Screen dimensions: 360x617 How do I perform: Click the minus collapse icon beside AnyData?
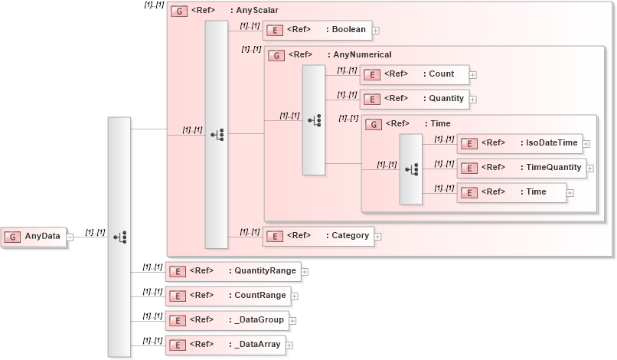click(x=70, y=237)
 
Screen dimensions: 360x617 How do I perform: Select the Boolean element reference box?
click(x=318, y=30)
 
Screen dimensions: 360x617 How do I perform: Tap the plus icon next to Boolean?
click(x=376, y=31)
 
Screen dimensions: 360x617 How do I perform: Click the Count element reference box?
click(x=414, y=74)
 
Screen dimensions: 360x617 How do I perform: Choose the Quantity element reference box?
click(x=414, y=99)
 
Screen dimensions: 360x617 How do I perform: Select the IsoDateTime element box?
click(x=519, y=143)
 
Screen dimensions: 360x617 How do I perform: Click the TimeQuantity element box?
click(x=521, y=168)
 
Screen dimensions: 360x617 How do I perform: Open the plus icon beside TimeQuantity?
click(x=590, y=169)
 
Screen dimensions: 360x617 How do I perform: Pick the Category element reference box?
click(x=318, y=236)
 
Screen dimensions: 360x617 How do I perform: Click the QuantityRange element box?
click(x=233, y=270)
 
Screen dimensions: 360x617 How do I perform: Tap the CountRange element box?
click(x=227, y=295)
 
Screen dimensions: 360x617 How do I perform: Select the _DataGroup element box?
click(x=226, y=320)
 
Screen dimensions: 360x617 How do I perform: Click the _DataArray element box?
click(x=226, y=345)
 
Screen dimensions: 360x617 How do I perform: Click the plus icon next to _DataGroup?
click(x=292, y=321)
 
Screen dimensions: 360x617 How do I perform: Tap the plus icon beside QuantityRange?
click(x=305, y=271)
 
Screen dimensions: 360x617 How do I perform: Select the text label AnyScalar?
click(x=256, y=11)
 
